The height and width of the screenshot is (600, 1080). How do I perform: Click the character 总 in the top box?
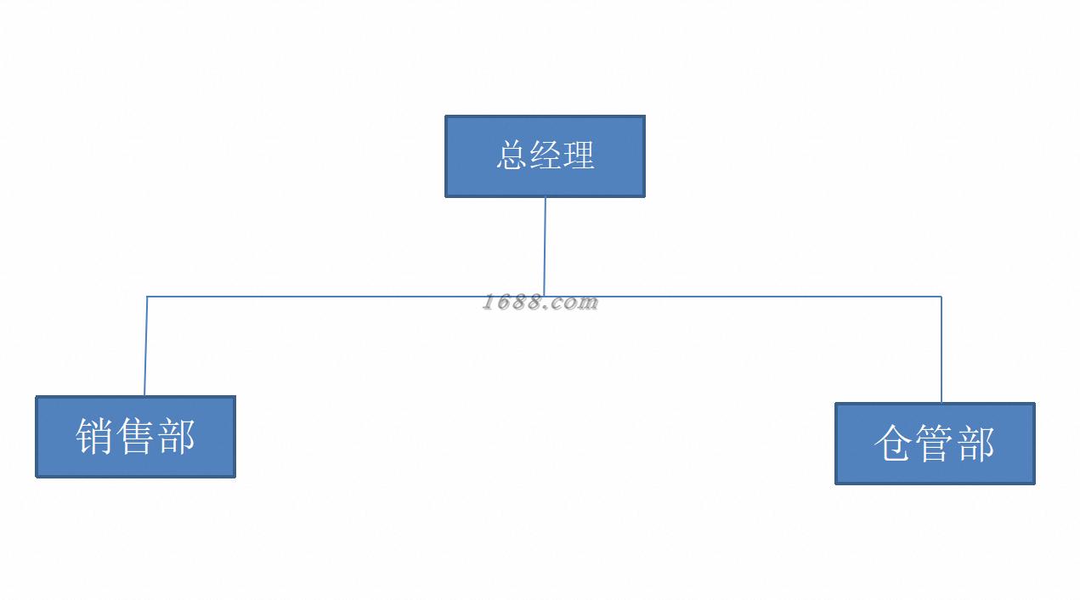click(x=512, y=156)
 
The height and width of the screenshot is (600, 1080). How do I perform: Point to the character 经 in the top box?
click(x=545, y=156)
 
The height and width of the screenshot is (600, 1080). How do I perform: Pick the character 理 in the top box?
click(x=578, y=156)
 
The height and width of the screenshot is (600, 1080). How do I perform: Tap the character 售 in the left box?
click(x=136, y=437)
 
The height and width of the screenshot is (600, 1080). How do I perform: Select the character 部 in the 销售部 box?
click(x=177, y=437)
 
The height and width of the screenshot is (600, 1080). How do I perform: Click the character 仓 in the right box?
click(x=893, y=444)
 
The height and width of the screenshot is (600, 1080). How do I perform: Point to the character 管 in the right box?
click(x=934, y=444)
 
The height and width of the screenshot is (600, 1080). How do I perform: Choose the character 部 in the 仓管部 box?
click(x=975, y=444)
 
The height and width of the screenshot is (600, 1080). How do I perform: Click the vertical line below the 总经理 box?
click(x=545, y=246)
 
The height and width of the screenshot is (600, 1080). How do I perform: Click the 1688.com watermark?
click(x=540, y=303)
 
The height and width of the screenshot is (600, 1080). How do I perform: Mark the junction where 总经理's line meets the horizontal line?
click(x=544, y=297)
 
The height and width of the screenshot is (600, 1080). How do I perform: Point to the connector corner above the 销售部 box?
click(x=147, y=297)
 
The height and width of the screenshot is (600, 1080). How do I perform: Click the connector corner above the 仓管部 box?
click(x=941, y=297)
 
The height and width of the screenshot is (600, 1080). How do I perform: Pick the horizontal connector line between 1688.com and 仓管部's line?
click(x=765, y=297)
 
